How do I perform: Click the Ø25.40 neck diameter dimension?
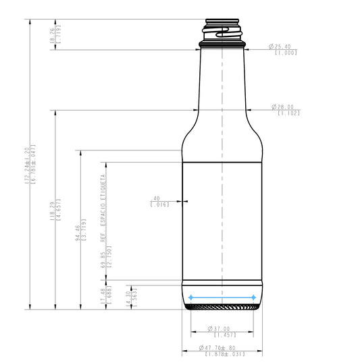282,47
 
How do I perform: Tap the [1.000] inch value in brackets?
286,53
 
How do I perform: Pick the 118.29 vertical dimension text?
53,210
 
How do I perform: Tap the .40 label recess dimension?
156,198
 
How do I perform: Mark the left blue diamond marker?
191,297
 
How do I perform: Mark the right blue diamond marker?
253,297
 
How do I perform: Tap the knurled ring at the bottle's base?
222,308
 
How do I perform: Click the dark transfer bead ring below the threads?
222,45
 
